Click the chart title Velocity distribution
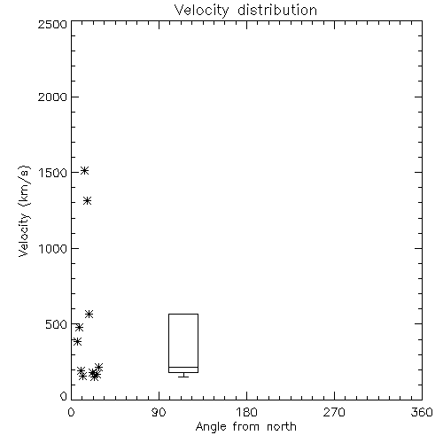(x=245, y=11)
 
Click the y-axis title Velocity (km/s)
(x=24, y=211)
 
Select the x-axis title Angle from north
(x=245, y=426)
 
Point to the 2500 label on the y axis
(x=52, y=24)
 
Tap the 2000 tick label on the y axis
(x=52, y=97)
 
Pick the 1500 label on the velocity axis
(x=53, y=173)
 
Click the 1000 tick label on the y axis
(x=53, y=248)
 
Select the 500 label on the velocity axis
(x=56, y=324)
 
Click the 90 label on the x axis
(x=159, y=412)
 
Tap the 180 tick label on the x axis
(x=246, y=412)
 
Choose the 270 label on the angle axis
(x=334, y=412)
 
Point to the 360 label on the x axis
(x=422, y=412)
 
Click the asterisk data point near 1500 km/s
(x=85, y=170)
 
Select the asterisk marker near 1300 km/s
(x=87, y=201)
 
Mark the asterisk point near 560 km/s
(x=89, y=314)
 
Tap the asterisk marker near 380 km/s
(x=77, y=342)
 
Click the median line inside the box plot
(x=183, y=367)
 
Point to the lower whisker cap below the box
(x=183, y=377)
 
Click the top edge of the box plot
(x=183, y=314)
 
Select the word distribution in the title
(x=277, y=11)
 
